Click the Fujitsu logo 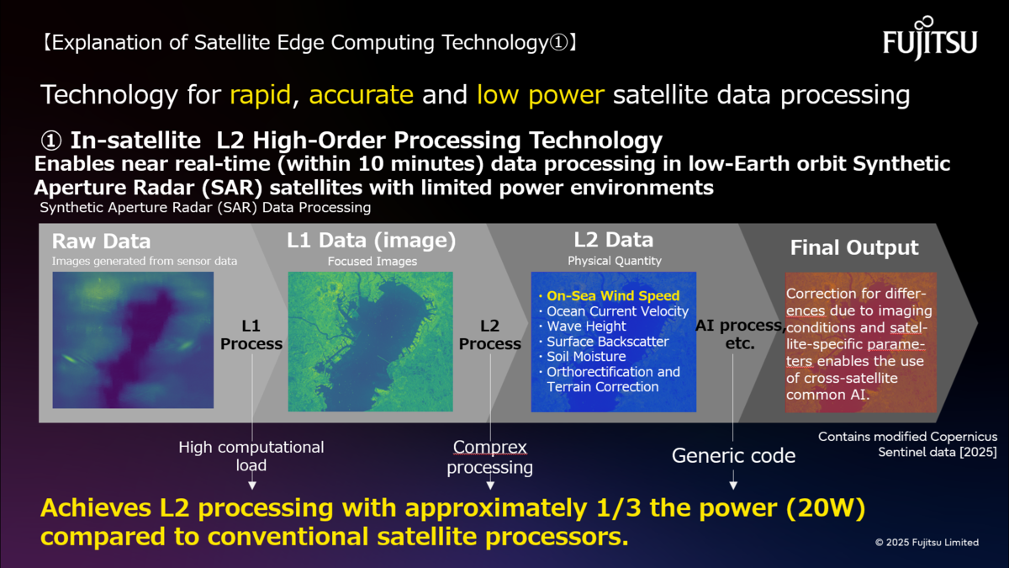[930, 39]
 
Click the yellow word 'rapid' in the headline [260, 95]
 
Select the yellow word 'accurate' [361, 95]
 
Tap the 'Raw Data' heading [101, 242]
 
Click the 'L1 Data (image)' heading [371, 241]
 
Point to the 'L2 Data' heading [614, 240]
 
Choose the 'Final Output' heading [854, 247]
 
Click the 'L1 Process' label [251, 335]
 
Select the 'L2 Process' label [489, 335]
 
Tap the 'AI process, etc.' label [740, 334]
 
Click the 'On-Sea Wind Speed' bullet [610, 295]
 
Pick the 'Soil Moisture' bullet [583, 357]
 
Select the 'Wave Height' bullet [583, 326]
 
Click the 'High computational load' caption [251, 456]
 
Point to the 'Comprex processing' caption [489, 457]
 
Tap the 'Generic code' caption [733, 455]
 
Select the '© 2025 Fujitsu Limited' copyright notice [927, 542]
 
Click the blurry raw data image [133, 340]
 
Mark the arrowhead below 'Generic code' [733, 486]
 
